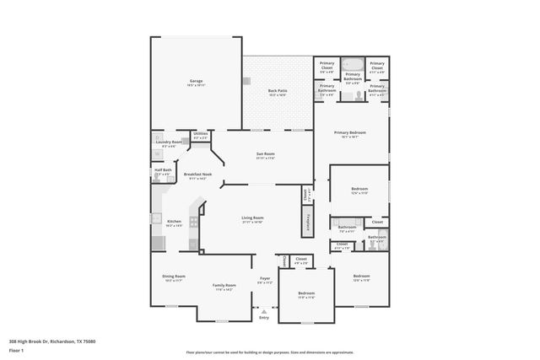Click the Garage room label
196,82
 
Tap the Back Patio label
277,91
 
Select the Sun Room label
265,154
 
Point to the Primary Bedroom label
349,133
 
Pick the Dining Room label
174,277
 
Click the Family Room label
224,286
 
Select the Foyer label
265,278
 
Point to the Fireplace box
309,221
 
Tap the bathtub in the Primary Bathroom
354,64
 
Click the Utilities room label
201,134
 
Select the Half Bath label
163,171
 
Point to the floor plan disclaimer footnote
270,352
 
